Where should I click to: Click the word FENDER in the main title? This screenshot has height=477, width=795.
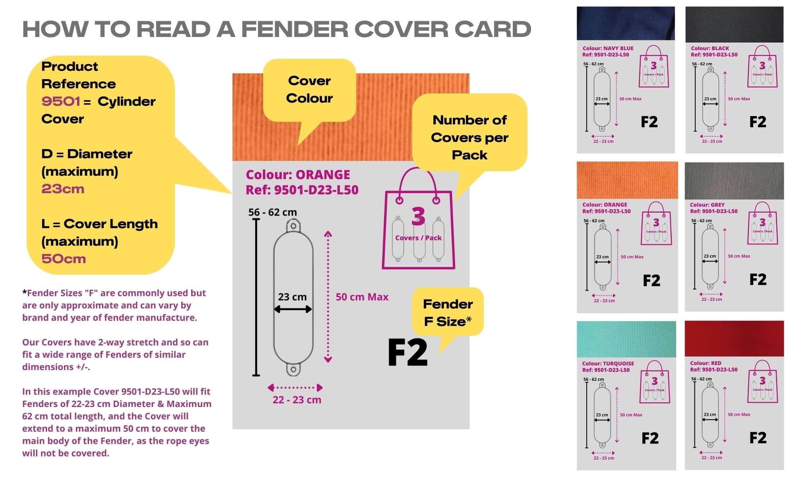pos(294,29)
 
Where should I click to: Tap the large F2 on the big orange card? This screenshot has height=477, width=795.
pos(407,352)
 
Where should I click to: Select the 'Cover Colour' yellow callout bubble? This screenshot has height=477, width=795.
pos(309,89)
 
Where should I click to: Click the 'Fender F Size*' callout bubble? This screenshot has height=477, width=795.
pos(448,312)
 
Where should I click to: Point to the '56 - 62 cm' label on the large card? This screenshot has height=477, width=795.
pos(272,212)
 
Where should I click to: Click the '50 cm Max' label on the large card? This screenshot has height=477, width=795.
pos(362,297)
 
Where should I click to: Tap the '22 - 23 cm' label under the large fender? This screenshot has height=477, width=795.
pos(297,400)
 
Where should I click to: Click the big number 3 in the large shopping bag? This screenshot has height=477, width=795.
pos(418,216)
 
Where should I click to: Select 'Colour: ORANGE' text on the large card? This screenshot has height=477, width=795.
pos(298,175)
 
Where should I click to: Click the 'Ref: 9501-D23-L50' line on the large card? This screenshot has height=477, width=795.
pos(302,190)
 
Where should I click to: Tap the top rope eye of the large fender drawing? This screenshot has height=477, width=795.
pos(293,226)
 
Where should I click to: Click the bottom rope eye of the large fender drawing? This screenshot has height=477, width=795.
pos(293,369)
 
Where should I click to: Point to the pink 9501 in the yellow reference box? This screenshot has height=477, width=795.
pos(60,101)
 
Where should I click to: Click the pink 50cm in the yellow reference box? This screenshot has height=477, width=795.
pos(64,259)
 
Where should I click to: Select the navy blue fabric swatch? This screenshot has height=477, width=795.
pos(625,23)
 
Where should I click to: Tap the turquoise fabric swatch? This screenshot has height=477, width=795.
pos(626,339)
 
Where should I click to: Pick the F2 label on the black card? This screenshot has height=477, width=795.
pos(758,122)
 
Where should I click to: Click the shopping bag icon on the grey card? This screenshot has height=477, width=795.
pos(762,225)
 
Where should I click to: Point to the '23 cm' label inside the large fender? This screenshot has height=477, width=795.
pos(292,297)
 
